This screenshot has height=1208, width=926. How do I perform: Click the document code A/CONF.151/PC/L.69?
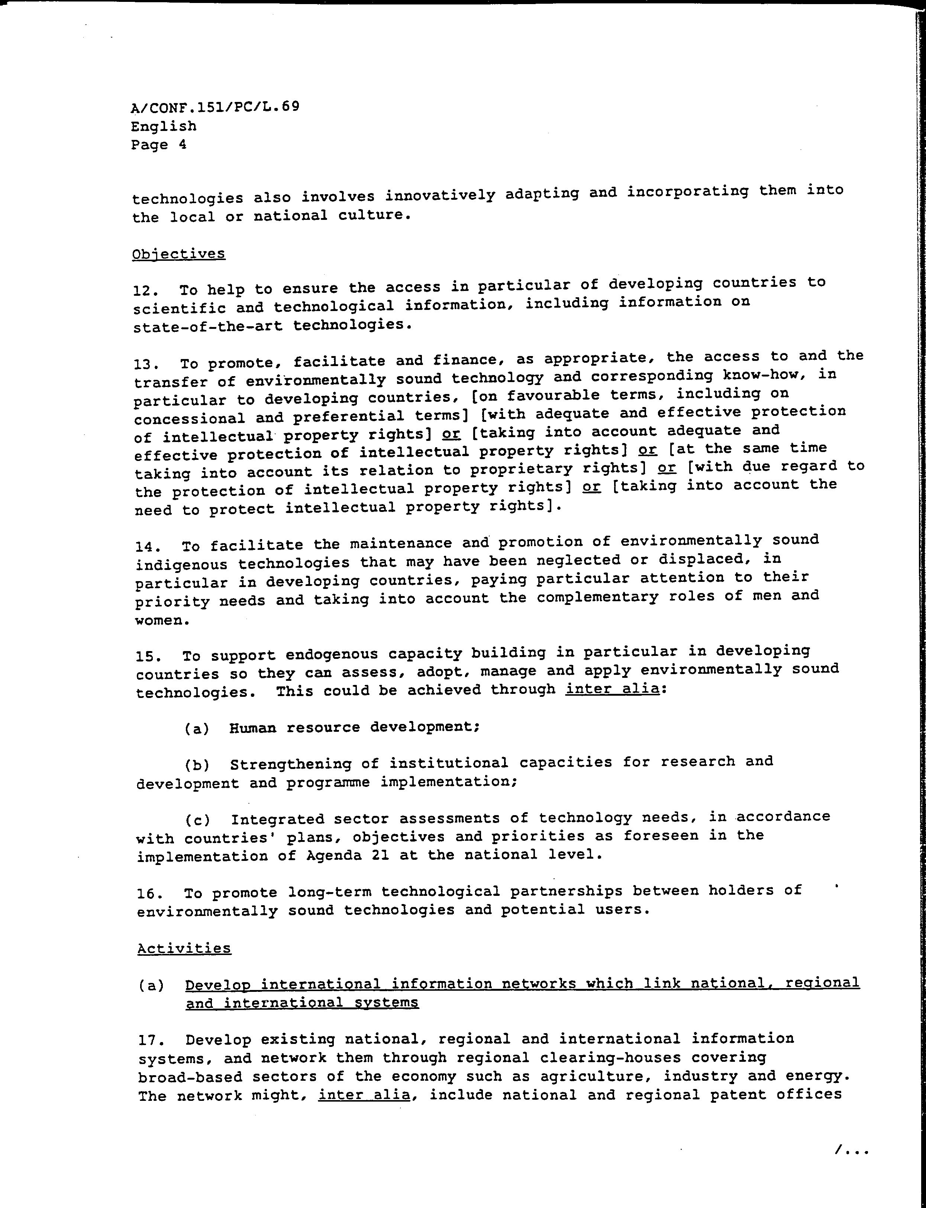coord(215,106)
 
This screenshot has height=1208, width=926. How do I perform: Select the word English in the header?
coord(164,126)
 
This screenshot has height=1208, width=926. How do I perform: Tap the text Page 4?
coord(159,145)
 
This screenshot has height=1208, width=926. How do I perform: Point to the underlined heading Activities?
coord(184,948)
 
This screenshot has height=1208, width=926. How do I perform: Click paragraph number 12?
coord(144,290)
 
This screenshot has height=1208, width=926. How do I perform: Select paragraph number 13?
coord(145,364)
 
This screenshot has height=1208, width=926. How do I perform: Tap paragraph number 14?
coord(147,547)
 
